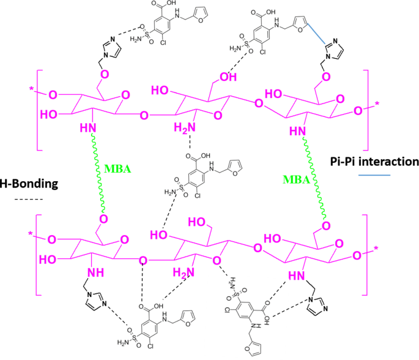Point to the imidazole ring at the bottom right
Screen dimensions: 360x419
317,310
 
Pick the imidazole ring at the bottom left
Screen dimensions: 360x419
94,300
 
